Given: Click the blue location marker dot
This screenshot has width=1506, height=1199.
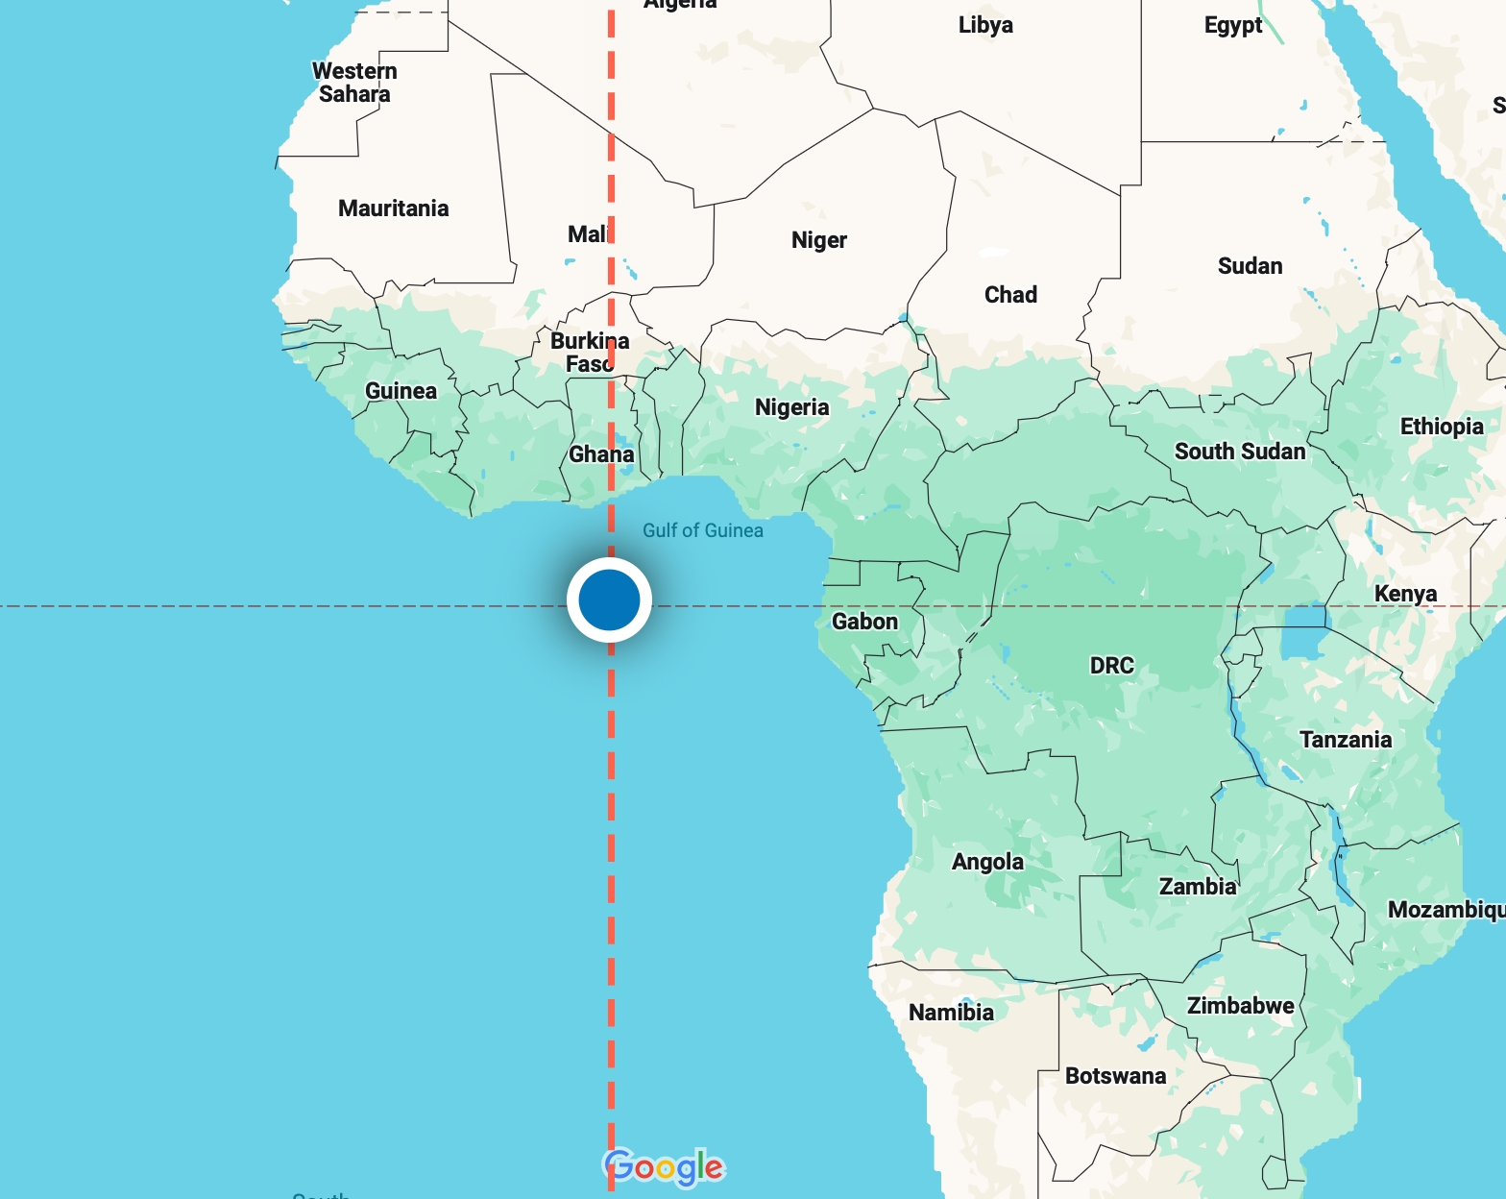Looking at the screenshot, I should (x=609, y=599).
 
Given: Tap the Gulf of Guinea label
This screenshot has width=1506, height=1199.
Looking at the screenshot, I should (x=702, y=530).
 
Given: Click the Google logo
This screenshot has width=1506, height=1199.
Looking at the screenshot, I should (x=664, y=1166).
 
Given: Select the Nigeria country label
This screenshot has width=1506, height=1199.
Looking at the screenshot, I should (x=791, y=407).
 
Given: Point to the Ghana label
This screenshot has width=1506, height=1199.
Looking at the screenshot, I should (x=601, y=453).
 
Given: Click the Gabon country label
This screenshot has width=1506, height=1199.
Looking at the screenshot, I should (x=864, y=622).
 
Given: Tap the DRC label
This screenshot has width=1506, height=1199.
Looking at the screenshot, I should (x=1111, y=665).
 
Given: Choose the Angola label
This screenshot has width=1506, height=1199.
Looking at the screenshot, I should (x=987, y=862).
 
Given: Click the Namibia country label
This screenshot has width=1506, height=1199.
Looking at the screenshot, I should (x=951, y=1012).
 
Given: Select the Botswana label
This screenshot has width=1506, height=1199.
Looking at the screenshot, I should (x=1115, y=1076).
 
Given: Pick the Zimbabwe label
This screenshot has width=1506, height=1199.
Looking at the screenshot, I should (x=1240, y=1006).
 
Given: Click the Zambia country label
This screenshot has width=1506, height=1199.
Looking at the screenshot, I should (x=1198, y=886).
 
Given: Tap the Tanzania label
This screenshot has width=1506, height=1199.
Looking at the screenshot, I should (x=1345, y=739).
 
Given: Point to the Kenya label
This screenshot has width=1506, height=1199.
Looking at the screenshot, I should (x=1405, y=594).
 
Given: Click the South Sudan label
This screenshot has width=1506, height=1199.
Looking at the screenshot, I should (x=1239, y=452).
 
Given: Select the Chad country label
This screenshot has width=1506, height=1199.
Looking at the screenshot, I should (x=1010, y=295).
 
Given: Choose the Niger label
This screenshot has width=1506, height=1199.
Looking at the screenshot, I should (x=818, y=240).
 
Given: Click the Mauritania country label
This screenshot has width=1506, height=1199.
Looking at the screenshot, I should (x=393, y=208).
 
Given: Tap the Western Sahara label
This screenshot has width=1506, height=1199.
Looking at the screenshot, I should (x=354, y=83).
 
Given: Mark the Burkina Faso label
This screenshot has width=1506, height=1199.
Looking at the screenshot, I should (x=589, y=353).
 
